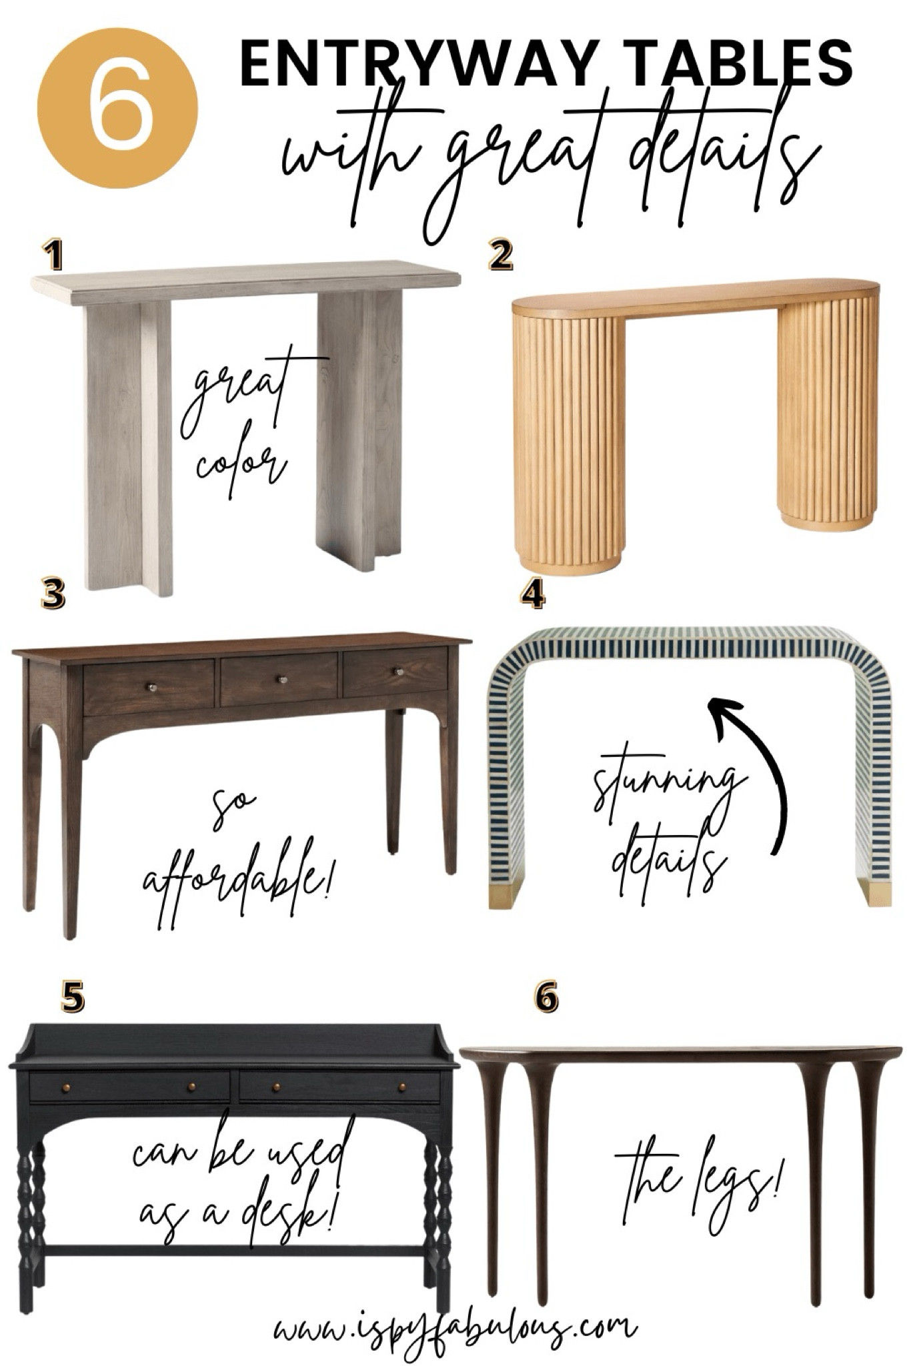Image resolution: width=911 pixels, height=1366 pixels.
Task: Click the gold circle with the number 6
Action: (117, 108)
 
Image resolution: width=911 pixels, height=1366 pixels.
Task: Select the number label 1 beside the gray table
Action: (52, 255)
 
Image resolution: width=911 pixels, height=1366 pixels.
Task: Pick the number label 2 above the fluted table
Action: (501, 255)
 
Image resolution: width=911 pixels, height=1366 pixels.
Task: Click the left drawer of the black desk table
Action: (130, 1087)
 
